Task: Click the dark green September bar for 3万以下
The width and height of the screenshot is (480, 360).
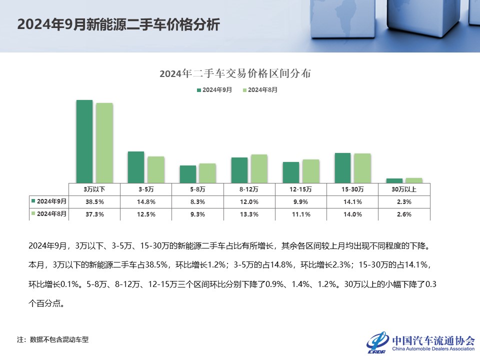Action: (84, 141)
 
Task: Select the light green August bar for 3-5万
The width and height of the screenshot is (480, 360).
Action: (155, 169)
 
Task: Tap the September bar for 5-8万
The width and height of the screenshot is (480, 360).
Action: (188, 174)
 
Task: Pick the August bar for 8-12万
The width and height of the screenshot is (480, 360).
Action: (259, 168)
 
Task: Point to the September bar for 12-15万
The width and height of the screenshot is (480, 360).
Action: (291, 172)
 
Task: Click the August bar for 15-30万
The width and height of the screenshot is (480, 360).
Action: (362, 168)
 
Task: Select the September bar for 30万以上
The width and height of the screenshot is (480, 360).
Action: (394, 180)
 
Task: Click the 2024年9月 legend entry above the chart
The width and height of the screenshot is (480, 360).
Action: (214, 90)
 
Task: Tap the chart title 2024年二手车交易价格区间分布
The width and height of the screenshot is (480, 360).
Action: (235, 73)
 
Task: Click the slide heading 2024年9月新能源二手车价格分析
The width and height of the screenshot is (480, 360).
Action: (118, 25)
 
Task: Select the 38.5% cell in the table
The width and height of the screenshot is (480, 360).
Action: (94, 201)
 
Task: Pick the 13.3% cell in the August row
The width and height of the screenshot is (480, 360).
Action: (249, 214)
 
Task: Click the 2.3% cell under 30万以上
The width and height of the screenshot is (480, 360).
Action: (403, 201)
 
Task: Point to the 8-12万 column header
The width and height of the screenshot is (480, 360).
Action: (249, 189)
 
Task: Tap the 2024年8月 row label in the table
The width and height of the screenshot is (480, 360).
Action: (48, 213)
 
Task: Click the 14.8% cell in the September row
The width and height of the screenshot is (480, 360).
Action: (146, 201)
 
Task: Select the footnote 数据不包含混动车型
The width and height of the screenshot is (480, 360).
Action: (59, 339)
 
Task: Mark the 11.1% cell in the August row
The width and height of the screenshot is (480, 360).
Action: (300, 214)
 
